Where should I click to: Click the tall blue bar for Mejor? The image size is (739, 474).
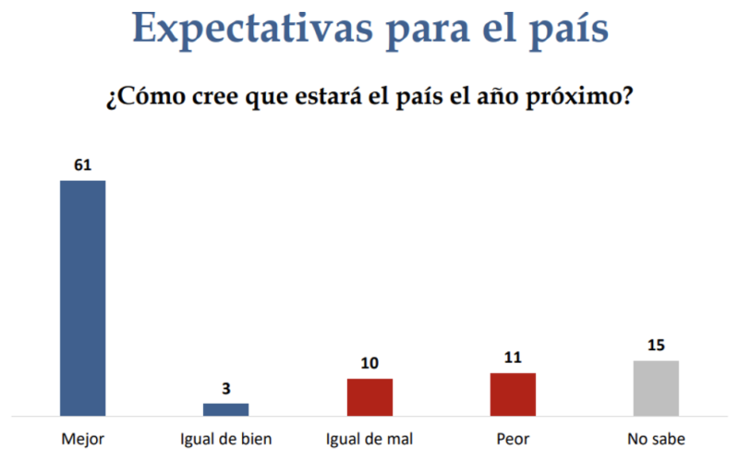point(82,298)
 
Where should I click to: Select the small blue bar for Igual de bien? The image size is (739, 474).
point(226,409)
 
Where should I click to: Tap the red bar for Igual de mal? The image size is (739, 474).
point(369,397)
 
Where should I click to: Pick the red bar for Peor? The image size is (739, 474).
point(513,395)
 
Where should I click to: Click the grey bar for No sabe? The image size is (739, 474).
point(656,388)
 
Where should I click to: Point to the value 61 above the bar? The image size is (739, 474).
point(82,166)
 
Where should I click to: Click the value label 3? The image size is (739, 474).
point(226,389)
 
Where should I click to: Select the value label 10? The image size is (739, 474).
point(369,364)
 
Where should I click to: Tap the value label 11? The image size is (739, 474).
point(513,359)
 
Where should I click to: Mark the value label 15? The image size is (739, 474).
point(656,346)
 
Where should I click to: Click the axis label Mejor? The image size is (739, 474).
point(82,439)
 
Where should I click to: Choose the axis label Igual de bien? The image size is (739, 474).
point(226,439)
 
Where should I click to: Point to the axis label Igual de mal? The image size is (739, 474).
point(369,439)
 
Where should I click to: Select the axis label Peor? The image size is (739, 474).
point(513,439)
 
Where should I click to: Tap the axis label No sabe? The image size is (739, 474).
point(656,439)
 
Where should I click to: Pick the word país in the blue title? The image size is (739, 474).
point(564,30)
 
